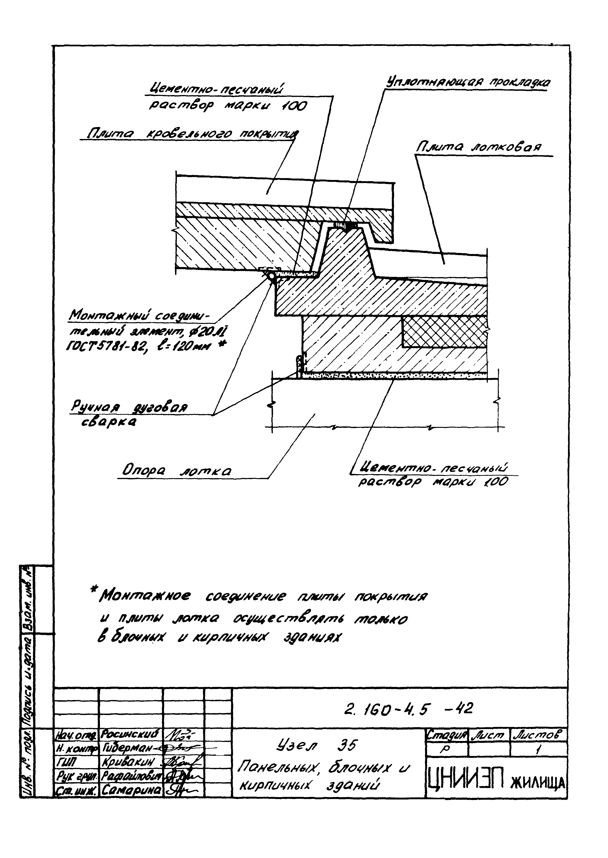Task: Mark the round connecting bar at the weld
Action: [271, 277]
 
